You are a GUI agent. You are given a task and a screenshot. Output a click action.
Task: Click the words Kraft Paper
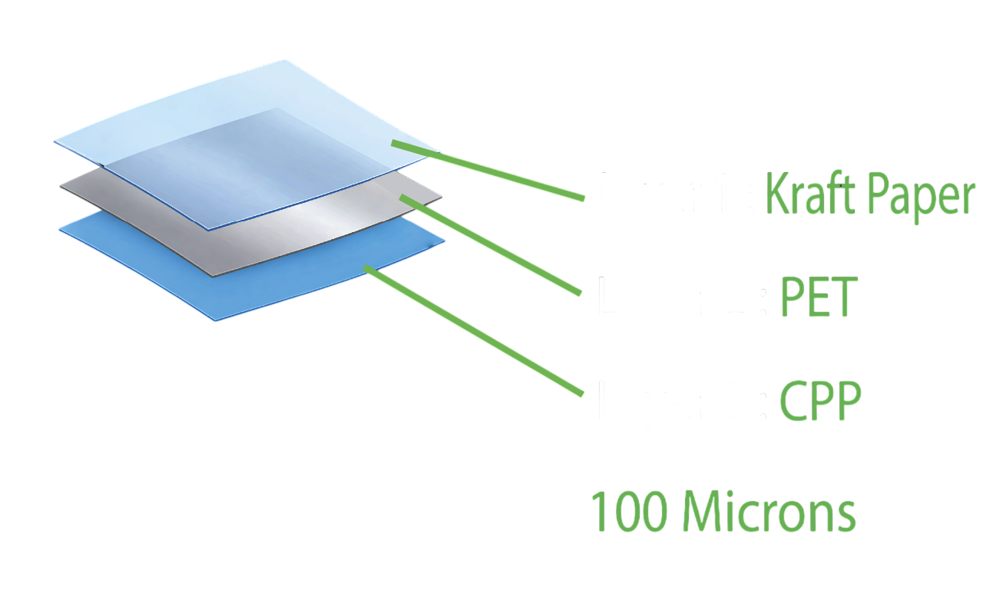pos(869,196)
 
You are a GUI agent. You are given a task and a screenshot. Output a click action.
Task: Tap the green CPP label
pos(820,400)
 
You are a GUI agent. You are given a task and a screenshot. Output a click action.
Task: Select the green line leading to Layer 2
pos(491,245)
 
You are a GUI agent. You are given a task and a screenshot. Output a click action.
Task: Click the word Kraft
pos(809,196)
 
